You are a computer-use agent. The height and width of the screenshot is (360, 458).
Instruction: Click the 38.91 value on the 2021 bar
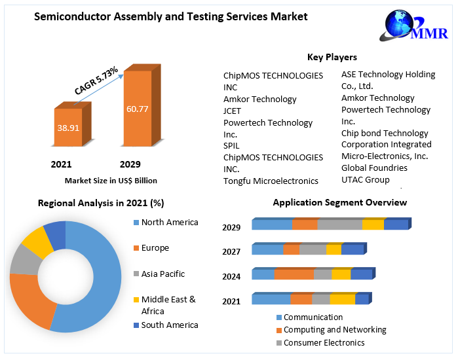tap(67, 128)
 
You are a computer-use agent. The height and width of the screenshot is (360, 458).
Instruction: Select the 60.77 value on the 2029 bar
tap(137, 108)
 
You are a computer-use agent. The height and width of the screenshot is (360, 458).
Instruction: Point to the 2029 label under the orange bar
tap(130, 164)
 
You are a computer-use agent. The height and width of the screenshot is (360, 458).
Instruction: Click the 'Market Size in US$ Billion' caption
tap(111, 180)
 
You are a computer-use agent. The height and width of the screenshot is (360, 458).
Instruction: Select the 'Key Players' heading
tap(332, 58)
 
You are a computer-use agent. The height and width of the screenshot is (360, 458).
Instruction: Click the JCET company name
tap(232, 111)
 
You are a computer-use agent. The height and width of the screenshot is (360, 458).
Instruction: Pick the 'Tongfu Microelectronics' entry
tap(271, 181)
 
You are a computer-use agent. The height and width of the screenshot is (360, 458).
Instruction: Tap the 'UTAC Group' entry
tap(365, 179)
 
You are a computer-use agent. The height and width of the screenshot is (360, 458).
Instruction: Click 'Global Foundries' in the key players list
tap(374, 168)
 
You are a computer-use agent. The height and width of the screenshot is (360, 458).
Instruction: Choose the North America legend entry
tap(169, 223)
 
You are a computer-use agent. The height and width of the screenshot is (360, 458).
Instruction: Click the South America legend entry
tap(169, 325)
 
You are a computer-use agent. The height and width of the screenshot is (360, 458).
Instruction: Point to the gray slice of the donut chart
tap(25, 259)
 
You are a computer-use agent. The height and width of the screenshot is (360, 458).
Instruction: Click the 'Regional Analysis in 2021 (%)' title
tap(100, 203)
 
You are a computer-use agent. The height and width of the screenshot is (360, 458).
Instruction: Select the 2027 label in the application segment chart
tap(231, 251)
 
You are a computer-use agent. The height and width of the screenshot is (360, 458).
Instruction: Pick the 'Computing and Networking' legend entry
tap(334, 330)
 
